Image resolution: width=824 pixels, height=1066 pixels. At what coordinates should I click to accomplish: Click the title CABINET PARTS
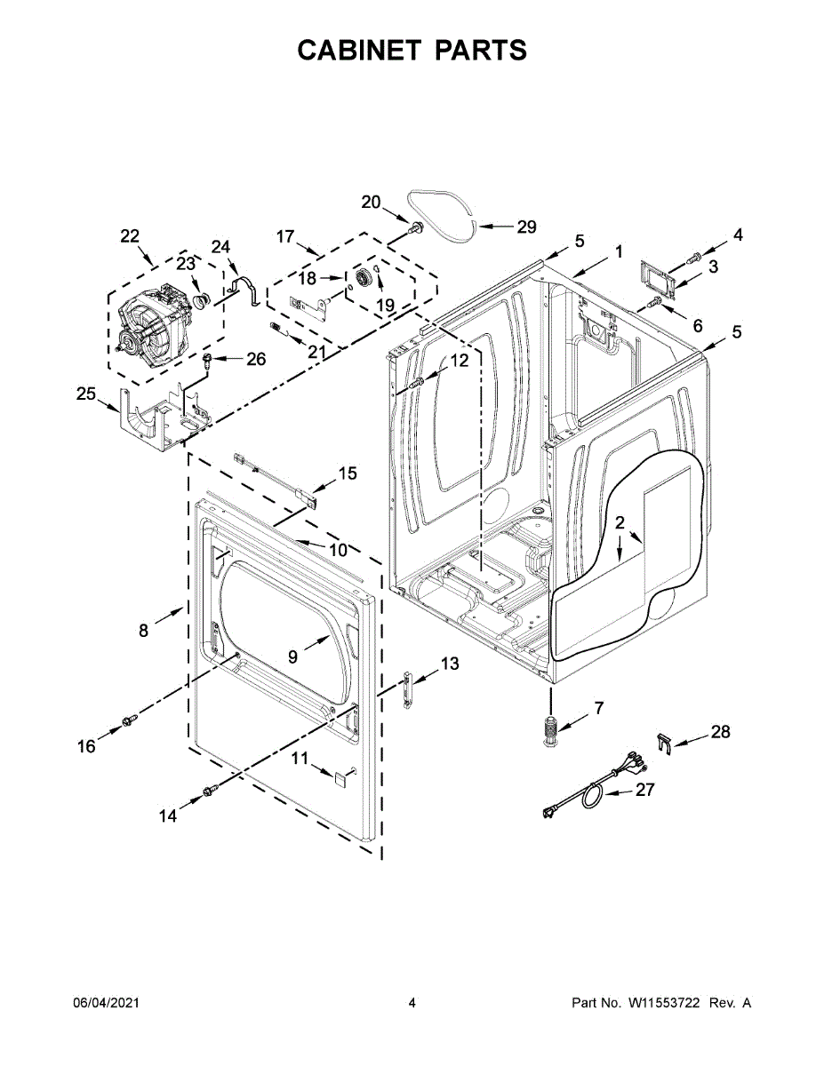pos(412,51)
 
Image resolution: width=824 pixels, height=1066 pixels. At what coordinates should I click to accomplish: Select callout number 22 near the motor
pos(131,236)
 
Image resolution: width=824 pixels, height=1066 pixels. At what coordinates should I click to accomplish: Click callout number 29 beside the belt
pos(526,227)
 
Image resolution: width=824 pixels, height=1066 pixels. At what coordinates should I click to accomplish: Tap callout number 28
pos(720,732)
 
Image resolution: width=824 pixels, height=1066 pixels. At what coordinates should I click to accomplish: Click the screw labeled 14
pos(210,790)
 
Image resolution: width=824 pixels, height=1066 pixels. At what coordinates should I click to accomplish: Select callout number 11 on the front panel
pos(300,758)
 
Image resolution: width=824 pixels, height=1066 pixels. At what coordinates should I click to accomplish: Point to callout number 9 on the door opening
pos(292,656)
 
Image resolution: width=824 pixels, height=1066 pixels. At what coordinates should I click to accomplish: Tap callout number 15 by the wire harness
pos(347,473)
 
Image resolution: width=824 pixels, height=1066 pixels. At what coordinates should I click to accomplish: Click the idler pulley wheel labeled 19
pos(363,280)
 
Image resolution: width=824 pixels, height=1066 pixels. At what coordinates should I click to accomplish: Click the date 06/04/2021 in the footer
pos(106,1003)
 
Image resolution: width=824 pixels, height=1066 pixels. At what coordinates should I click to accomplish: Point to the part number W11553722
pos(666,1003)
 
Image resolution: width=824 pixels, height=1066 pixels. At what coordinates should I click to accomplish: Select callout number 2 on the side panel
pos(620,522)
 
